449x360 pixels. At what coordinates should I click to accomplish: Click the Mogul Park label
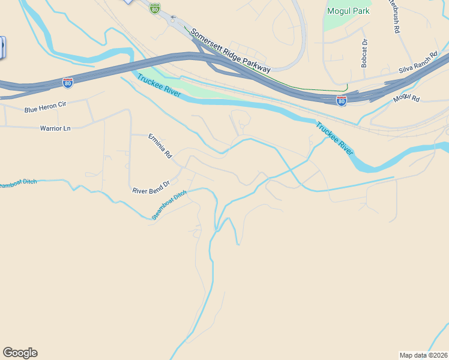(x=349, y=11)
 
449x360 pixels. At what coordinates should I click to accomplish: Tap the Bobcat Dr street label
(x=364, y=53)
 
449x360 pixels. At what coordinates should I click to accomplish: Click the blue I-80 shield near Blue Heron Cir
(x=68, y=82)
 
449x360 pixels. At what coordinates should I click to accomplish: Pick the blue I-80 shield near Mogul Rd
(x=341, y=101)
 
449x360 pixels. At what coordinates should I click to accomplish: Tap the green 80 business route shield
(x=155, y=8)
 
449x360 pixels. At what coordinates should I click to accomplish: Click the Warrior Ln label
(x=55, y=128)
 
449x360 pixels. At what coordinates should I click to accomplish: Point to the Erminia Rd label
(x=160, y=146)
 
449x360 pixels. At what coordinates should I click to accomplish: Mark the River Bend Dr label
(x=151, y=187)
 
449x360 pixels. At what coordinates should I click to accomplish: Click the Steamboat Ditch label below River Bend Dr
(x=169, y=205)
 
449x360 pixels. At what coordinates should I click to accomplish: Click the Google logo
(x=20, y=352)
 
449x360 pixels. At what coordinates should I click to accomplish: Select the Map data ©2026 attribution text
(x=423, y=355)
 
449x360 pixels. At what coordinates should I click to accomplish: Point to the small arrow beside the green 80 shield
(x=173, y=17)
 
